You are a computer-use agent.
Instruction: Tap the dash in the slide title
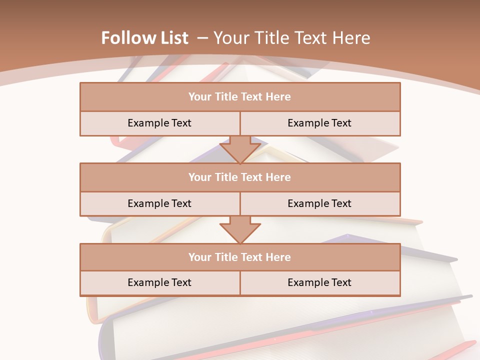[202, 38]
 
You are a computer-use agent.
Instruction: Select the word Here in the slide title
[352, 38]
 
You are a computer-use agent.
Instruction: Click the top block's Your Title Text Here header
[239, 97]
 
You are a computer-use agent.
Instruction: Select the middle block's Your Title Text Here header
[239, 177]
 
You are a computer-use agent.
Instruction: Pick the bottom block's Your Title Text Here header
[239, 257]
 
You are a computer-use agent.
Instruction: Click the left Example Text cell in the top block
[159, 123]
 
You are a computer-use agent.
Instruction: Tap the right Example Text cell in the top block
[319, 123]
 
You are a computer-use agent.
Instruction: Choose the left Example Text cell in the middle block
[159, 203]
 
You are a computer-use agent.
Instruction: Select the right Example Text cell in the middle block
[319, 203]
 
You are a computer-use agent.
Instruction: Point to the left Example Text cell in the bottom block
[159, 282]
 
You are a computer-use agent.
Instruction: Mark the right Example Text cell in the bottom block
[319, 282]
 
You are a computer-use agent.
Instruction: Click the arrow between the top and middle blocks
[240, 149]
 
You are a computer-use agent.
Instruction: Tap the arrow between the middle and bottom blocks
[240, 229]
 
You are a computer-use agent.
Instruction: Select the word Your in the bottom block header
[199, 257]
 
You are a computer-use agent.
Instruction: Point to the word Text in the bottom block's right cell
[341, 282]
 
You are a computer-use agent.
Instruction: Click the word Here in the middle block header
[278, 177]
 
